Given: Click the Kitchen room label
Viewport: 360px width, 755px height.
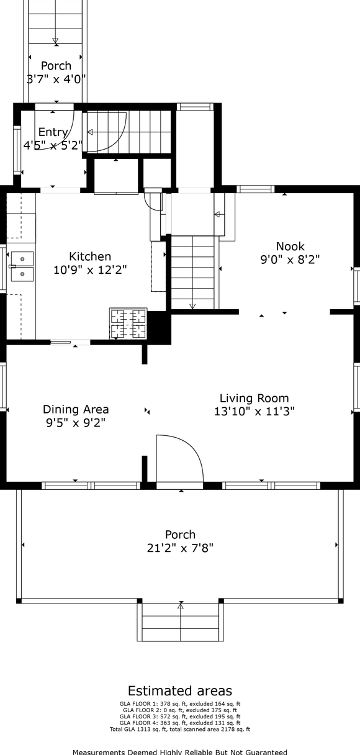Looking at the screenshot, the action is pos(90,256).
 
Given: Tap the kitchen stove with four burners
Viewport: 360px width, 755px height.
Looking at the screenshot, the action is pos(128,323).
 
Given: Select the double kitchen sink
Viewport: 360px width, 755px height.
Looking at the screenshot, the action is pos(22,266).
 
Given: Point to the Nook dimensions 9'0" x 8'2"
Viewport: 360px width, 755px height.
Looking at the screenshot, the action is pos(290,260).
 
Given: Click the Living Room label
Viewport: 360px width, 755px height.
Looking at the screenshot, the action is pos(254,398).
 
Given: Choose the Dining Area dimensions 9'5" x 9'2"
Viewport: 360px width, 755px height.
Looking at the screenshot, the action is pos(76,422).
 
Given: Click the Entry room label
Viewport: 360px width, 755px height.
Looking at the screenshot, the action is pos(53,132).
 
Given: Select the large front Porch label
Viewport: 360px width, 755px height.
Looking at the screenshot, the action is pos(181,535).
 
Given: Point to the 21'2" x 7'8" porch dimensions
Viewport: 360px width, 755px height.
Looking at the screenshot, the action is pos(181,548).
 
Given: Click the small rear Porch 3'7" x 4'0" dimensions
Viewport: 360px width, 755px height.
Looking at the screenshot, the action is pos(56,79).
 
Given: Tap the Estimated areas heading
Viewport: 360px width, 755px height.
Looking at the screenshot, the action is pos(180,691).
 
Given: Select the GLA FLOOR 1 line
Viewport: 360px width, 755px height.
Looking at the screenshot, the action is pos(180,703).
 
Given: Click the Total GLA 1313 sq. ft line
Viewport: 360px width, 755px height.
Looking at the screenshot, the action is pos(180,730).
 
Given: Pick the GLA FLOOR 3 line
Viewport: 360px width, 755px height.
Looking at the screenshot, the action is pos(180,717).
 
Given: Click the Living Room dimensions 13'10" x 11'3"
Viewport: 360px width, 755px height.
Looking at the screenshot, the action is pos(254,412).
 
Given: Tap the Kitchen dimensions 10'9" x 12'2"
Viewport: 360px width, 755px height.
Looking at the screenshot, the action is pos(90,270).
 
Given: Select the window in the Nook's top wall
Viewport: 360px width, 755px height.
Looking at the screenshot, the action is pos(256,189).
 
